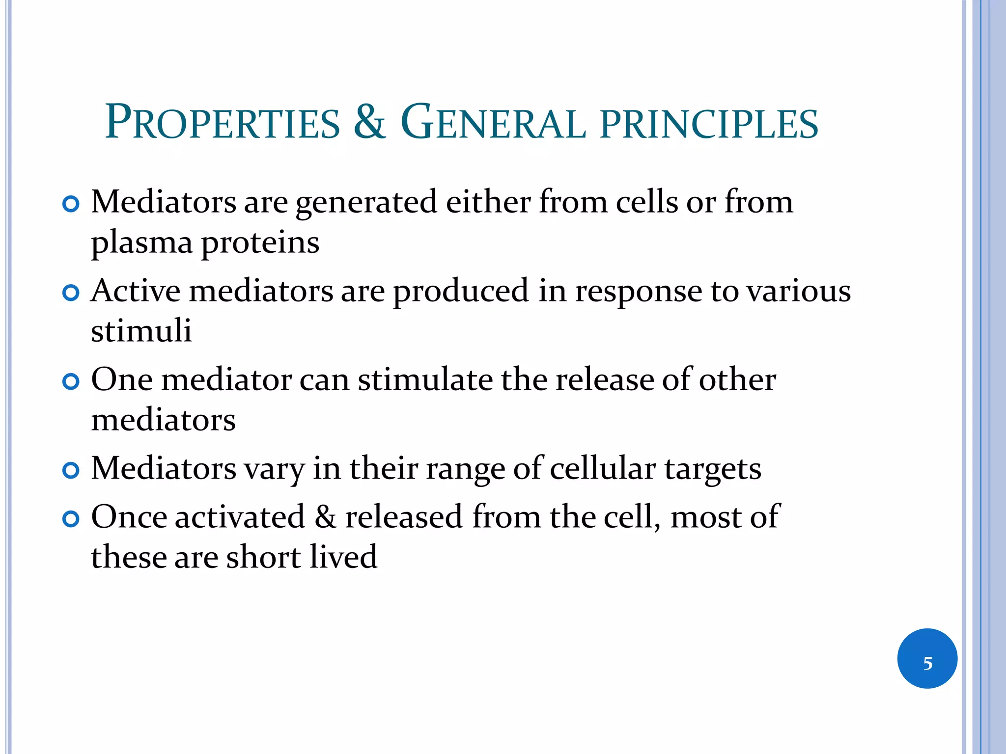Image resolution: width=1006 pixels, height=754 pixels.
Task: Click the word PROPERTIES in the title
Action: pyautogui.click(x=223, y=122)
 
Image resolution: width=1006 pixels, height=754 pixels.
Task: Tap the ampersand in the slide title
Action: pyautogui.click(x=369, y=122)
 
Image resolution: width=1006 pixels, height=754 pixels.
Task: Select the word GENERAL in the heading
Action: pyautogui.click(x=493, y=122)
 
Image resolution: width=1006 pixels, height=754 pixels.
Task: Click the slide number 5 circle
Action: pyautogui.click(x=927, y=658)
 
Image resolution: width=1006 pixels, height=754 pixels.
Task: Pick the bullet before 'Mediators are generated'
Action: pyautogui.click(x=71, y=204)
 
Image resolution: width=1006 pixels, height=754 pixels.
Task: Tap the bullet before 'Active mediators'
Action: pyautogui.click(x=71, y=293)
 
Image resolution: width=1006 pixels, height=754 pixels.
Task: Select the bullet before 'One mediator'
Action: pyautogui.click(x=71, y=381)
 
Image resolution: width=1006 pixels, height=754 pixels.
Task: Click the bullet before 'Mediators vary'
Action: pyautogui.click(x=71, y=470)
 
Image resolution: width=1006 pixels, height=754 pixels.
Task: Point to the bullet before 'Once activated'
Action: pyautogui.click(x=71, y=519)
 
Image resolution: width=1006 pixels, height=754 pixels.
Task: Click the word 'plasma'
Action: pyautogui.click(x=141, y=243)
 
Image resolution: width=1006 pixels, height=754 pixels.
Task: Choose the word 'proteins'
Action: pyautogui.click(x=260, y=243)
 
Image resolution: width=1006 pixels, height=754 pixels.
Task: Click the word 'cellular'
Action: pyautogui.click(x=603, y=469)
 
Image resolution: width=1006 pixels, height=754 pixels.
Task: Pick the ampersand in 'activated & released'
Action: pyautogui.click(x=325, y=517)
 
